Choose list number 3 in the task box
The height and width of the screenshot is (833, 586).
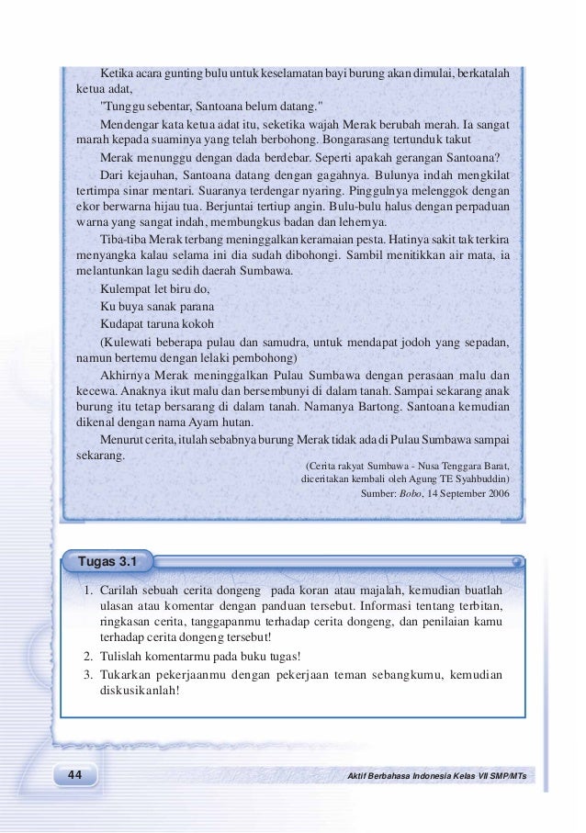pos(85,674)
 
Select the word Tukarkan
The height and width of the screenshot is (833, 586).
pos(128,674)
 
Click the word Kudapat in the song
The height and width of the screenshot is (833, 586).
pos(122,324)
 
